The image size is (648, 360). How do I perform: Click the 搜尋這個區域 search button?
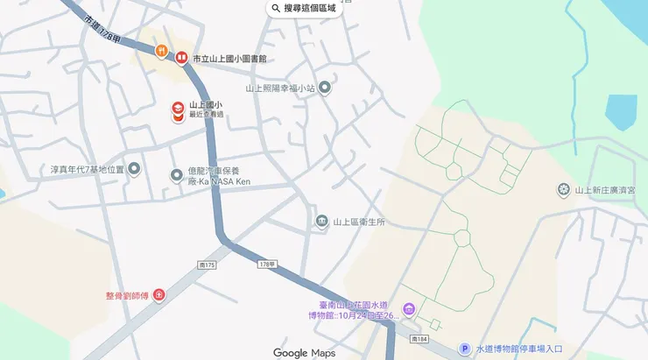[x=304, y=9]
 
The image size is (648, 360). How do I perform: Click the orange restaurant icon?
[x=162, y=52]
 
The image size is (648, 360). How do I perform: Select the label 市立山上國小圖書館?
[x=229, y=59]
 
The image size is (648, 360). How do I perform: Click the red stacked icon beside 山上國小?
[x=178, y=110]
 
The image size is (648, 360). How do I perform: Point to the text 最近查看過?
[x=207, y=115]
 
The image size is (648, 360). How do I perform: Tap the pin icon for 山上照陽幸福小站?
[x=325, y=88]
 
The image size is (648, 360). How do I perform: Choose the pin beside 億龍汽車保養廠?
[x=176, y=174]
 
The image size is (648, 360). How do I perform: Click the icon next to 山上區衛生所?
[x=321, y=221]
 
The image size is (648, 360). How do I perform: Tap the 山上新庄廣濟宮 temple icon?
[x=564, y=190]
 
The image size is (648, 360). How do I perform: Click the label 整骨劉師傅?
[x=126, y=295]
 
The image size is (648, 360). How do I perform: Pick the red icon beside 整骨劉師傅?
[x=158, y=295]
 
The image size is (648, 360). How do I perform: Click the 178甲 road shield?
[x=267, y=263]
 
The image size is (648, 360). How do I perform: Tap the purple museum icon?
[x=409, y=310]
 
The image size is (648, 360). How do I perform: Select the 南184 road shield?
[x=422, y=339]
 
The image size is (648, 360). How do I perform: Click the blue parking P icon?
[x=464, y=349]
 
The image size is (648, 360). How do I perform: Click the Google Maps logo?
[x=304, y=353]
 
